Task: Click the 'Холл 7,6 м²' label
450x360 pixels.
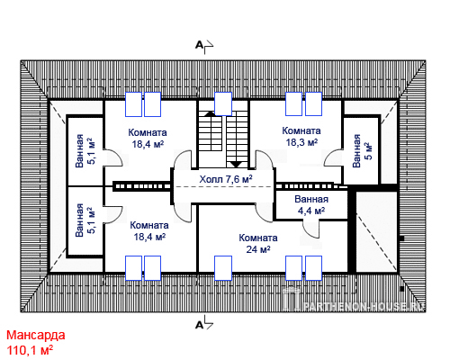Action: (226, 179)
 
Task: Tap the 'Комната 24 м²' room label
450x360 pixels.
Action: (258, 244)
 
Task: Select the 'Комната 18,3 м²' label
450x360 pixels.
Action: (301, 137)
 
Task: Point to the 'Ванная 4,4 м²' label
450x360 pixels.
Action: (311, 205)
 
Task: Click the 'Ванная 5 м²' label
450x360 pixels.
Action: (362, 151)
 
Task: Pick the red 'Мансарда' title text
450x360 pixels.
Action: (36, 335)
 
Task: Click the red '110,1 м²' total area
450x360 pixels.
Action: (30, 350)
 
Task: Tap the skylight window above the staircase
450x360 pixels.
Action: (223, 103)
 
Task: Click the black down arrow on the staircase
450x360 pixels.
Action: (237, 165)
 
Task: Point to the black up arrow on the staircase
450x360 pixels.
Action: (210, 113)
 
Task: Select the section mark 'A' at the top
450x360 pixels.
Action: (199, 45)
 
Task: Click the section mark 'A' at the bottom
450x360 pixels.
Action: (199, 325)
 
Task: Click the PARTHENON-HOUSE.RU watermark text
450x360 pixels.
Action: (364, 306)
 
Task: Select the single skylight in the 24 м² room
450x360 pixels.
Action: (223, 268)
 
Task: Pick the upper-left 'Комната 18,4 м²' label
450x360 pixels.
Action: (148, 139)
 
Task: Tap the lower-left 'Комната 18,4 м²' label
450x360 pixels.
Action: (149, 231)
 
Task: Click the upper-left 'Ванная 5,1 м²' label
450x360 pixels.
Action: (85, 151)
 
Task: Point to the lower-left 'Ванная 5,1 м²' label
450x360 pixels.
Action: (85, 220)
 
